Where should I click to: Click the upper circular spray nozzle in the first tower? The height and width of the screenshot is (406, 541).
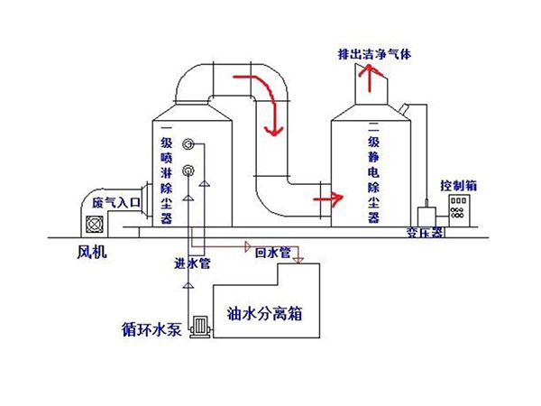pos(188,144)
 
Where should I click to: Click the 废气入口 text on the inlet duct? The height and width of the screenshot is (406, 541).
pos(115,204)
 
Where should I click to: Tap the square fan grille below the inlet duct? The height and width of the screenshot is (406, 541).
pos(96,226)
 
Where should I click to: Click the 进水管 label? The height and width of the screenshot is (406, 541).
pos(191,264)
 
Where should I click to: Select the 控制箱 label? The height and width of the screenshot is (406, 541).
pos(458,186)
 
